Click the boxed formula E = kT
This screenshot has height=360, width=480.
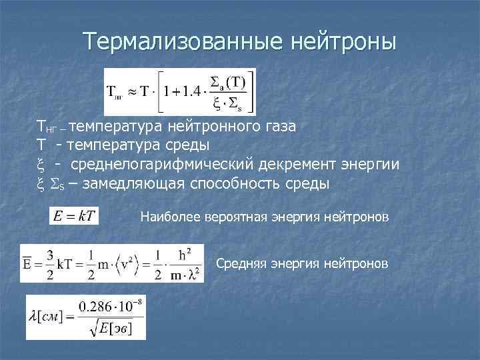click(74, 216)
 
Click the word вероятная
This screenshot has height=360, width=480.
click(233, 217)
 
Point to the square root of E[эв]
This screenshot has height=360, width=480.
click(111, 327)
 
